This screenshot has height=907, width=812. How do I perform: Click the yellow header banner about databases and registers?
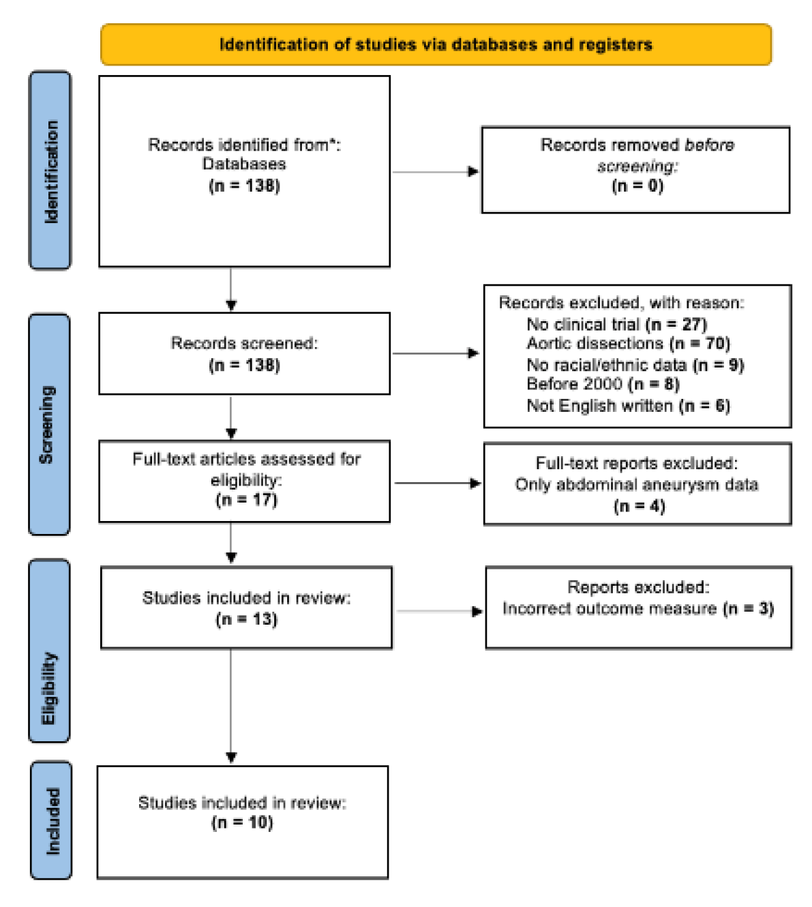coord(436,45)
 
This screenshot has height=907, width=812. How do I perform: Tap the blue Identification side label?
coord(50,170)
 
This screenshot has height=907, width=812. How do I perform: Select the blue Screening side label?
coord(49,423)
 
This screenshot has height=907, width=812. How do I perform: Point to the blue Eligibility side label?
coord(49,651)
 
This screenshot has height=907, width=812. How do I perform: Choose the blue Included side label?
coord(52,820)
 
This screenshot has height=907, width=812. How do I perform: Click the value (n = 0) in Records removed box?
coord(637,185)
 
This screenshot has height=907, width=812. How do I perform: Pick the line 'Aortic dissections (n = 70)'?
coord(628,344)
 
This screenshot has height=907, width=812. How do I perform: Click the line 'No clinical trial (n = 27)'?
coord(616,325)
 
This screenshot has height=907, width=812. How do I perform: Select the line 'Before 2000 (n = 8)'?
coord(603,385)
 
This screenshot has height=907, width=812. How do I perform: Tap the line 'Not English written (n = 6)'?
coord(628,406)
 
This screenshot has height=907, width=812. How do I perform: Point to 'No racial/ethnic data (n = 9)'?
coord(635,365)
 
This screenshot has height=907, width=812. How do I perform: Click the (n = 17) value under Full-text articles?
coord(246,500)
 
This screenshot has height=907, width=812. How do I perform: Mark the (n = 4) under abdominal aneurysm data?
coord(639,506)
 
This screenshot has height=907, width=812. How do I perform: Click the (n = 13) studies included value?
coord(246,619)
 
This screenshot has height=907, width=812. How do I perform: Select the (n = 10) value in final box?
coord(242,822)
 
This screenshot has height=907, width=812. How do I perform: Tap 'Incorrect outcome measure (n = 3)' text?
coord(638,608)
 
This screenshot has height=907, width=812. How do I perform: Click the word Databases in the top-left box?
coord(244,164)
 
